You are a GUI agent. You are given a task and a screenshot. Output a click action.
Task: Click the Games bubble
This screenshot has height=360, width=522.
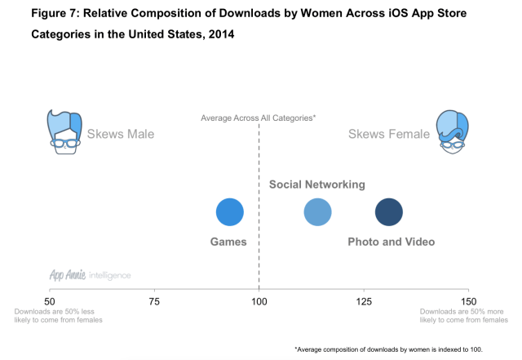click(x=230, y=212)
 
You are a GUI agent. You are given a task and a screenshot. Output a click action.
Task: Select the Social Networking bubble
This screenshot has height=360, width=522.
click(x=317, y=212)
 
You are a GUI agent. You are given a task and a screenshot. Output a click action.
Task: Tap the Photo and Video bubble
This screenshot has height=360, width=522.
click(x=388, y=212)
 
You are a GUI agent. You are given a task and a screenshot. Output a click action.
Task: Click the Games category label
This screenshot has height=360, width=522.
click(x=228, y=242)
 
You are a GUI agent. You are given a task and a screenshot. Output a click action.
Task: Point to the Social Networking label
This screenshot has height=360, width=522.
click(x=317, y=185)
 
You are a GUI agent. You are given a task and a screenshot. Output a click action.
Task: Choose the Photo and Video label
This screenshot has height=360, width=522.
click(x=391, y=242)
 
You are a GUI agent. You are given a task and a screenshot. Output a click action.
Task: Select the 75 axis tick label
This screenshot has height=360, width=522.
click(x=154, y=302)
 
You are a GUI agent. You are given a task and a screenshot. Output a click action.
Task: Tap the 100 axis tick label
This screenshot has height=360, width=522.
click(x=259, y=302)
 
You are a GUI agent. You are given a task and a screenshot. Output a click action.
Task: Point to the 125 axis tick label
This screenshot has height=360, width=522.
click(x=364, y=302)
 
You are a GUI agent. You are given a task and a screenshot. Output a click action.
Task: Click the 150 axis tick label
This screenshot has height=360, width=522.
click(x=468, y=302)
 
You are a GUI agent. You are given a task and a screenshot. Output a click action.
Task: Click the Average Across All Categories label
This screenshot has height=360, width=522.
click(x=259, y=118)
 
